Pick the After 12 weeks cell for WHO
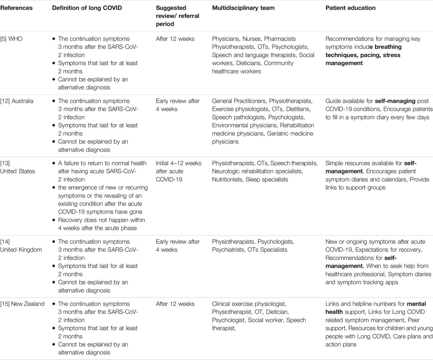[x=174, y=39]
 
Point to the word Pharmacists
[x=280, y=39]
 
